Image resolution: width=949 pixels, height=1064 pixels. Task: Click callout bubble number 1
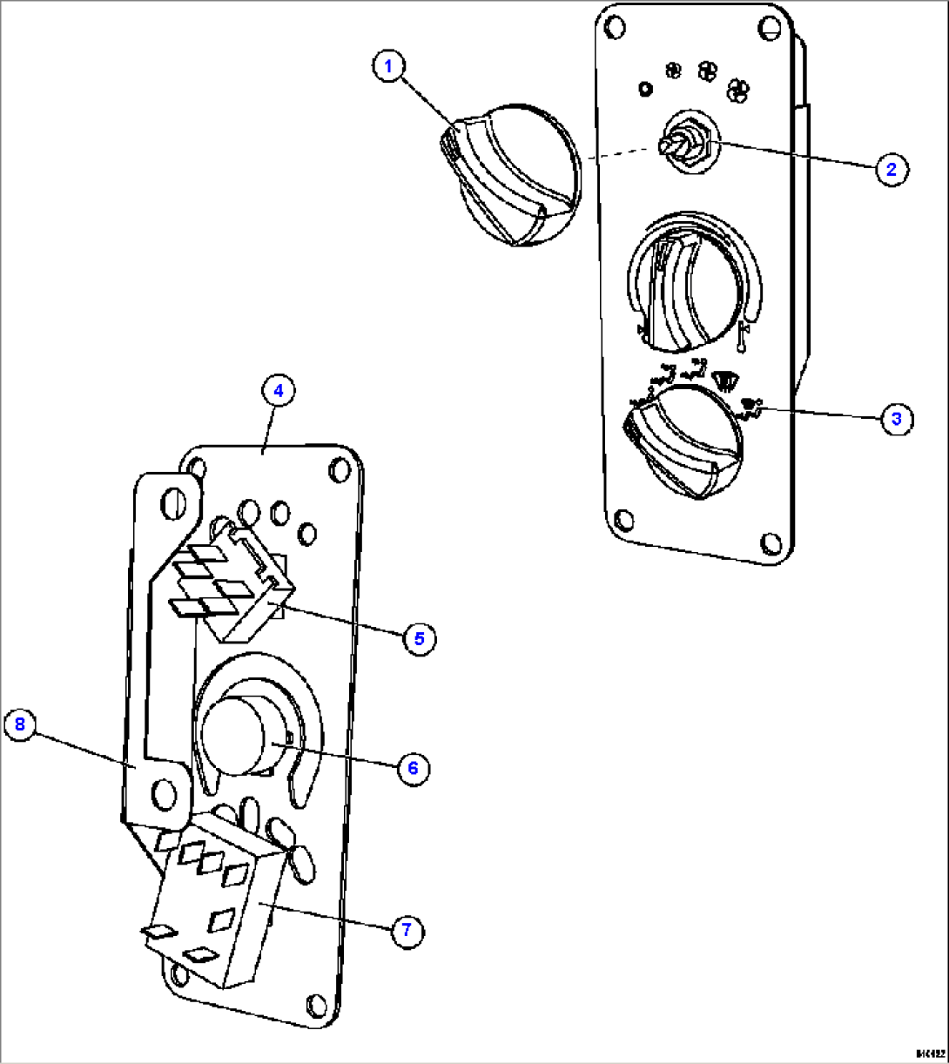click(x=389, y=67)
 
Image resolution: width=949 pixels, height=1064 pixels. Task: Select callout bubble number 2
click(x=891, y=169)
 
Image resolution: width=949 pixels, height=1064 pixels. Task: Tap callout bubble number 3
click(x=896, y=419)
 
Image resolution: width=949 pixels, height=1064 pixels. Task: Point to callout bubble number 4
click(x=278, y=391)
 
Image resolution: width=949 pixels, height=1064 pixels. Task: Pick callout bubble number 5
click(x=419, y=638)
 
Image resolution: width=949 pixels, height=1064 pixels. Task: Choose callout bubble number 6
click(x=413, y=768)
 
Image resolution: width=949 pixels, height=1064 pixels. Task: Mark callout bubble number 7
click(x=406, y=930)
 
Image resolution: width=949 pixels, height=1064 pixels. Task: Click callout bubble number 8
click(x=19, y=724)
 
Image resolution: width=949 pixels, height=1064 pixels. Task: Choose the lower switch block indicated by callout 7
click(x=218, y=906)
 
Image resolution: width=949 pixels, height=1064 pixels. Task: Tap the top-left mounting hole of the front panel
click(x=615, y=27)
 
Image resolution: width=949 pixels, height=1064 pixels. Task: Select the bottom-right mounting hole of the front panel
click(x=771, y=544)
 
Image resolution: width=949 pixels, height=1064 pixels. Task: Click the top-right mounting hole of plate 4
click(x=336, y=470)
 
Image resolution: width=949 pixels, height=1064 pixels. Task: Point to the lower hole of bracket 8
click(x=163, y=791)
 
